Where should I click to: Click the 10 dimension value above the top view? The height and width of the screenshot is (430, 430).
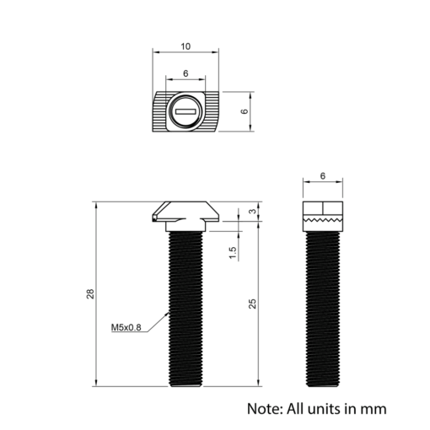185,46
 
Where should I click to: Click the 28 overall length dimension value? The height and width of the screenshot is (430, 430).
90,293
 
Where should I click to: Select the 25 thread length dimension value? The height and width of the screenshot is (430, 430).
252,304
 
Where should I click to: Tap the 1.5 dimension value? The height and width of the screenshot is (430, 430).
233,253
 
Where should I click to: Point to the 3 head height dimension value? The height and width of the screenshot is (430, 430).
253,211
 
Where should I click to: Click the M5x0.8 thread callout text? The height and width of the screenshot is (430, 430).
126,327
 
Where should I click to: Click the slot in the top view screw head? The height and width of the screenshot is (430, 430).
185,111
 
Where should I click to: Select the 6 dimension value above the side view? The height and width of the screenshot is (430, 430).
323,176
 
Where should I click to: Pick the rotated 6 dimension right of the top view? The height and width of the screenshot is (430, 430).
245,111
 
